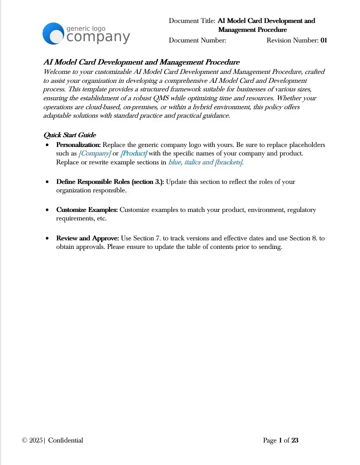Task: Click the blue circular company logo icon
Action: [53, 33]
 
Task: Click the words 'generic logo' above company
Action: [86, 28]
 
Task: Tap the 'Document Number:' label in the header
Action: [197, 40]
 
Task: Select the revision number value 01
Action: [323, 40]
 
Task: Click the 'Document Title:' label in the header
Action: [192, 21]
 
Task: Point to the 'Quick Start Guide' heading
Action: [70, 135]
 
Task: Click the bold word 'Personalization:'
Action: [79, 145]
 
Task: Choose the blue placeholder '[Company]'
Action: [95, 153]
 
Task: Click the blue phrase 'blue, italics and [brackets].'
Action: [206, 162]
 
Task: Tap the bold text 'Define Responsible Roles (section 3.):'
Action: [110, 182]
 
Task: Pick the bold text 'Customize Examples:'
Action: [87, 210]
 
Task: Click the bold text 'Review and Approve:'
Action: [88, 238]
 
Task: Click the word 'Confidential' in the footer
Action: [65, 440]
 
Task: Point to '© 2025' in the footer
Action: [32, 440]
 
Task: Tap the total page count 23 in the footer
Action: [295, 440]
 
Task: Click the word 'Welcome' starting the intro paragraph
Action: [55, 72]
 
